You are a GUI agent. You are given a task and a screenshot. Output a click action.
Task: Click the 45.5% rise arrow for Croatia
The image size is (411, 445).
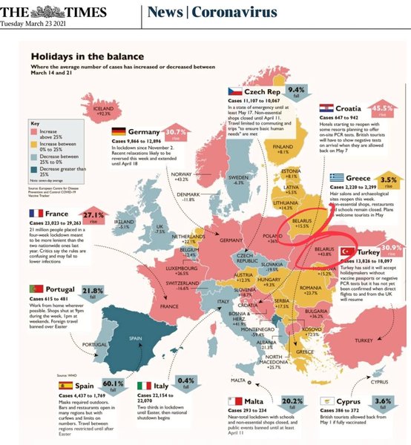[x=382, y=111]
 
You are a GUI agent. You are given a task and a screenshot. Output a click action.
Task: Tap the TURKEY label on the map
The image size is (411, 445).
[x=364, y=340]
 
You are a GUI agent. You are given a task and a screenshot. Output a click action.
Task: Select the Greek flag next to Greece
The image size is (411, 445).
[x=338, y=177]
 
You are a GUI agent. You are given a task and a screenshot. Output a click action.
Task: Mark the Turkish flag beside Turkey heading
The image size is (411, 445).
[x=346, y=253]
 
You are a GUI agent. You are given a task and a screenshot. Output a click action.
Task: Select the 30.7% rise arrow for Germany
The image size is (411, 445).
[x=176, y=133]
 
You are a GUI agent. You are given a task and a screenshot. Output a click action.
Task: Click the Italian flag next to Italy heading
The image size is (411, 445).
[x=145, y=386]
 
